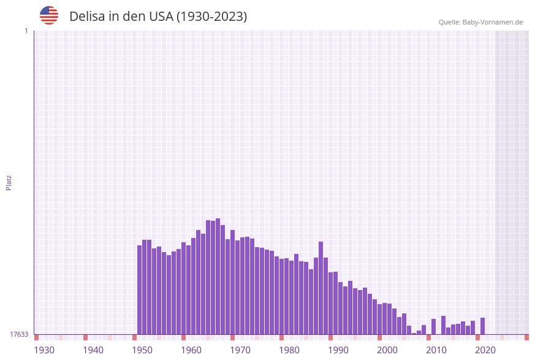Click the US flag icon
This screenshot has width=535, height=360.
click(49, 15)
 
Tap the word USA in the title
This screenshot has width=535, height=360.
click(161, 17)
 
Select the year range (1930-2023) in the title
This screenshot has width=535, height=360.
click(212, 17)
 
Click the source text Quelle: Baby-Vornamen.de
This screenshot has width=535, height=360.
click(480, 22)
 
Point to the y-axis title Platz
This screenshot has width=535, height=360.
click(9, 182)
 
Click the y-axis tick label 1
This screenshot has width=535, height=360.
click(26, 31)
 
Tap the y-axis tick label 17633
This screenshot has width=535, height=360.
click(19, 334)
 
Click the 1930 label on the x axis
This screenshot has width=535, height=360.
click(44, 350)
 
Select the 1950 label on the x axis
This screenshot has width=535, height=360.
click(142, 350)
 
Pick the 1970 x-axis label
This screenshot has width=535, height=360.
click(240, 350)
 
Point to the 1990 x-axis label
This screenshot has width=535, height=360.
click(338, 350)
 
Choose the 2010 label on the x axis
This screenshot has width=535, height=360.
click(436, 350)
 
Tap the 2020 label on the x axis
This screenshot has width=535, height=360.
click(485, 350)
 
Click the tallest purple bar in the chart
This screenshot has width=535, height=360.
click(218, 276)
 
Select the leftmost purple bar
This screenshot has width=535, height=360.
click(139, 289)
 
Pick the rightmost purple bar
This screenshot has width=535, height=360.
click(482, 326)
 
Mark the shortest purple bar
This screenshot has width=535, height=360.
click(414, 334)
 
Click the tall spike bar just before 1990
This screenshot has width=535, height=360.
click(321, 288)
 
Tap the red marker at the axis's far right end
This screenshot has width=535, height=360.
click(526, 337)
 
